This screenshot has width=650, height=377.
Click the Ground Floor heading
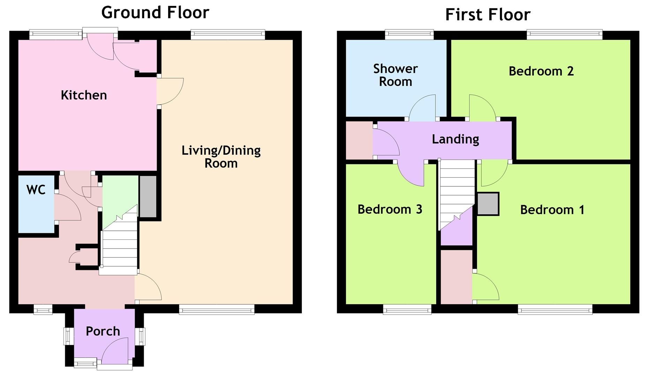pos(155,13)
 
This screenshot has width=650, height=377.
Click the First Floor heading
pos(488,15)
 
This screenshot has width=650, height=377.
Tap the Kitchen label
pos(84,95)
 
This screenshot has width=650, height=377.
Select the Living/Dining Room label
pos(221,157)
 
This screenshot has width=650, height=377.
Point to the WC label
pos(36,190)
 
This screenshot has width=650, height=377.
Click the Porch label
pos(103,331)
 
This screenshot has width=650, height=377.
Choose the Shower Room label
pos(395,75)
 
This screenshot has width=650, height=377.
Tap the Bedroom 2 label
pos(541,71)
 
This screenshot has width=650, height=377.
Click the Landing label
pos(455,139)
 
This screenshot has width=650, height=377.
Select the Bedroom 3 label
pos(390,209)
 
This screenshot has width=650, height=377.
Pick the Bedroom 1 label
pos(552,209)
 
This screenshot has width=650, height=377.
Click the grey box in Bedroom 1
pos(488,204)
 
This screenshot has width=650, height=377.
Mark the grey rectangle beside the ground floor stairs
pos(148,197)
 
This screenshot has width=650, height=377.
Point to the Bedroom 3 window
pos(407,309)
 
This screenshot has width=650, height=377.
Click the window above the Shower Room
pos(409,34)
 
